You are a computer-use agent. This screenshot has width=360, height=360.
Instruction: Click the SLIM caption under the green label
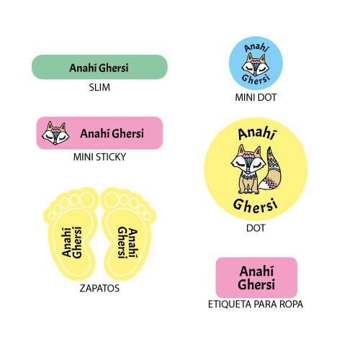(99, 87)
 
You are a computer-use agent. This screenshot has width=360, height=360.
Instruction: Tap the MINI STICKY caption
(99, 157)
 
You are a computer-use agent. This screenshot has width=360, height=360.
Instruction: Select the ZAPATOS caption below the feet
(99, 288)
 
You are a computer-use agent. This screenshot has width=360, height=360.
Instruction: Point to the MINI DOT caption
(256, 97)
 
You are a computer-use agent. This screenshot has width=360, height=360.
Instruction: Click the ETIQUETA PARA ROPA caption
(256, 305)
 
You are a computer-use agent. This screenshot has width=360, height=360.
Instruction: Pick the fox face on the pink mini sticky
(55, 133)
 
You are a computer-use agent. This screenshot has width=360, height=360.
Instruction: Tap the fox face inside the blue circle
(256, 63)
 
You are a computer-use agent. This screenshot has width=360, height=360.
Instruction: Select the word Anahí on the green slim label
(83, 68)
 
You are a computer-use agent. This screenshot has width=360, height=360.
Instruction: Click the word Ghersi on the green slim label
(114, 68)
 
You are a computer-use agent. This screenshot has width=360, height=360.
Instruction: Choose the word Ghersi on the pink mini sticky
(128, 133)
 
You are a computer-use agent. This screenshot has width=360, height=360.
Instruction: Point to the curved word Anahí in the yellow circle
(257, 133)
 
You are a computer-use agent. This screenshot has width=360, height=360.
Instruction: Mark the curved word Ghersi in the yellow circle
(256, 206)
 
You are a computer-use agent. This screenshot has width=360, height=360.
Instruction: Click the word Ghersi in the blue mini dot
(256, 79)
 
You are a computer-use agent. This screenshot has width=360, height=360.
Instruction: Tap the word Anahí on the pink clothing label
(256, 271)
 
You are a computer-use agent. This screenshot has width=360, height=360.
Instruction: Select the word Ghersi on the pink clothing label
(256, 284)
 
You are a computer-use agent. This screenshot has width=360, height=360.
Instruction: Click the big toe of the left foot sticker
(87, 199)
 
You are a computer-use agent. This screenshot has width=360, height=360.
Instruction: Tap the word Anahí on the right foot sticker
(133, 243)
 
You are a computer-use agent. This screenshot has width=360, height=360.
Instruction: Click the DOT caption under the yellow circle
(256, 228)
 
